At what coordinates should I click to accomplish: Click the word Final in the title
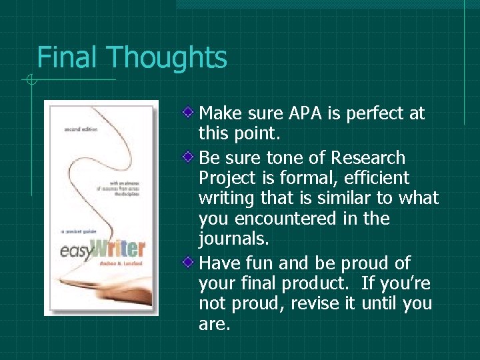click(x=67, y=58)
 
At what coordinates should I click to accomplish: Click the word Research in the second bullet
click(x=369, y=158)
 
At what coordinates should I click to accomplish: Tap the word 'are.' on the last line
click(x=213, y=324)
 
